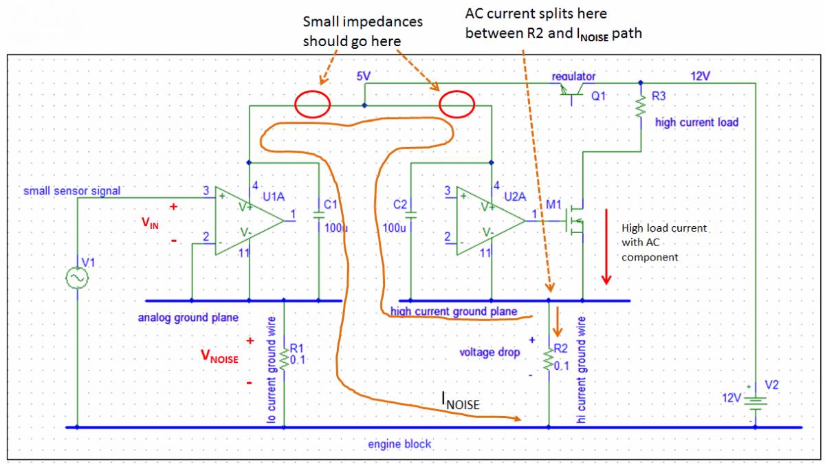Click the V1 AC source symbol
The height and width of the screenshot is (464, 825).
coord(77,277)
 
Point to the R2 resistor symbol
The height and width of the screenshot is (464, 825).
coord(549,360)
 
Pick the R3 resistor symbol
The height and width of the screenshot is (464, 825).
coord(641,107)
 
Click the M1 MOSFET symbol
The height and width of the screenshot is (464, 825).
coord(576,221)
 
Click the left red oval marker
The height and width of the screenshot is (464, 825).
coord(312,105)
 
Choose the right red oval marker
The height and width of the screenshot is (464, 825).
coord(457,106)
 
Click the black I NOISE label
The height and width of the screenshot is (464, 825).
coord(459,401)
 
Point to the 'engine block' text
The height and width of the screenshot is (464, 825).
coord(399,444)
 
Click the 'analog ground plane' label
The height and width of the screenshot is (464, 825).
coord(188,318)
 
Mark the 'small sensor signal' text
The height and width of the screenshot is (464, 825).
coord(72,190)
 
